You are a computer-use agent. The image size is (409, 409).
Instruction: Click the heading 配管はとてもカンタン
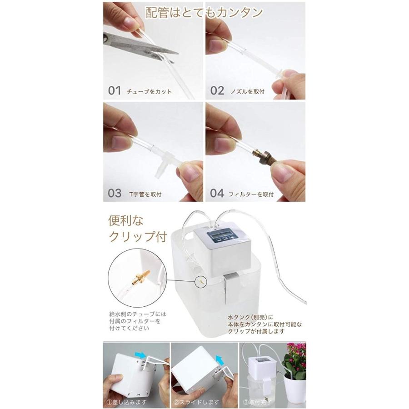tap(204, 12)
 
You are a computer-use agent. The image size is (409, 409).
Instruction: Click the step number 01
tap(115, 90)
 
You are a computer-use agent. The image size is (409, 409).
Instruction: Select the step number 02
tap(217, 90)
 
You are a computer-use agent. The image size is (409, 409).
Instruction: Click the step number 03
tap(115, 193)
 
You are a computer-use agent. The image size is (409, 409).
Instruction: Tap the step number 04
tap(217, 193)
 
